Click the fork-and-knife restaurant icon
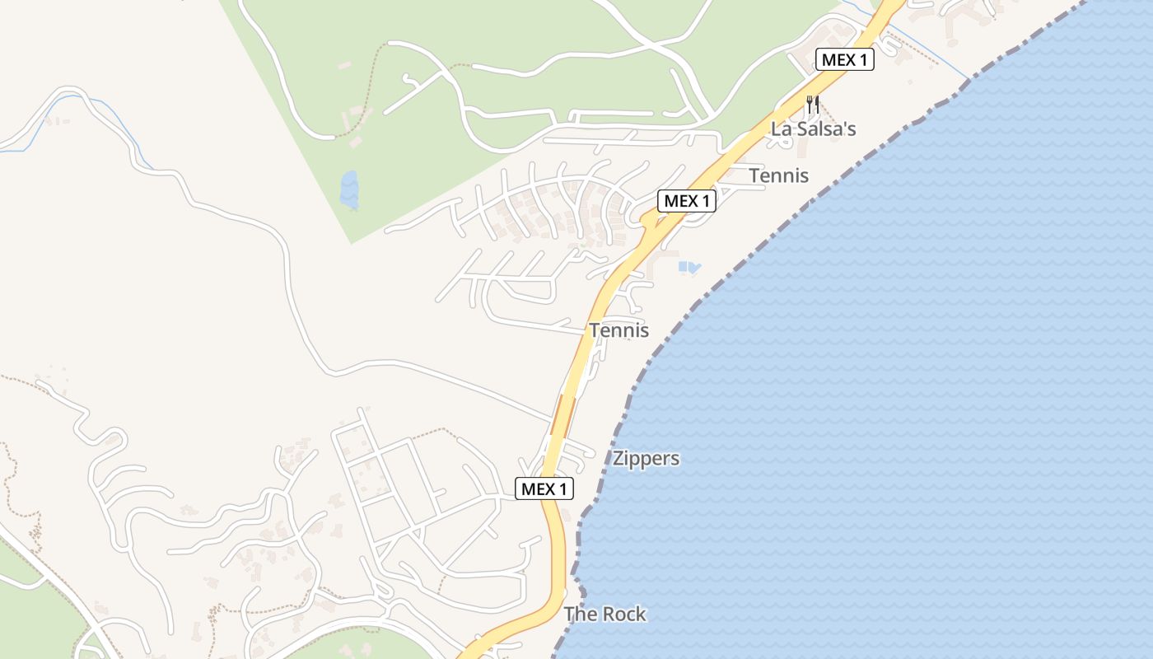point(813,105)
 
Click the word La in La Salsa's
point(780,129)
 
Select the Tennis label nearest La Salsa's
point(778,175)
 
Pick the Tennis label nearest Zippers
point(619,331)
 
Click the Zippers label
point(646,459)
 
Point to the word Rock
point(624,615)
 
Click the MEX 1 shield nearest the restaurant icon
point(844,59)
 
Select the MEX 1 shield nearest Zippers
point(544,489)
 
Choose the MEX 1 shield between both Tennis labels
point(686,201)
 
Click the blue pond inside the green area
point(349,189)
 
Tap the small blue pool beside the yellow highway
point(689,267)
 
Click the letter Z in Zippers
point(617,459)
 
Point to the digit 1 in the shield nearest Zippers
point(563,489)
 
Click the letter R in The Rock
point(609,615)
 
